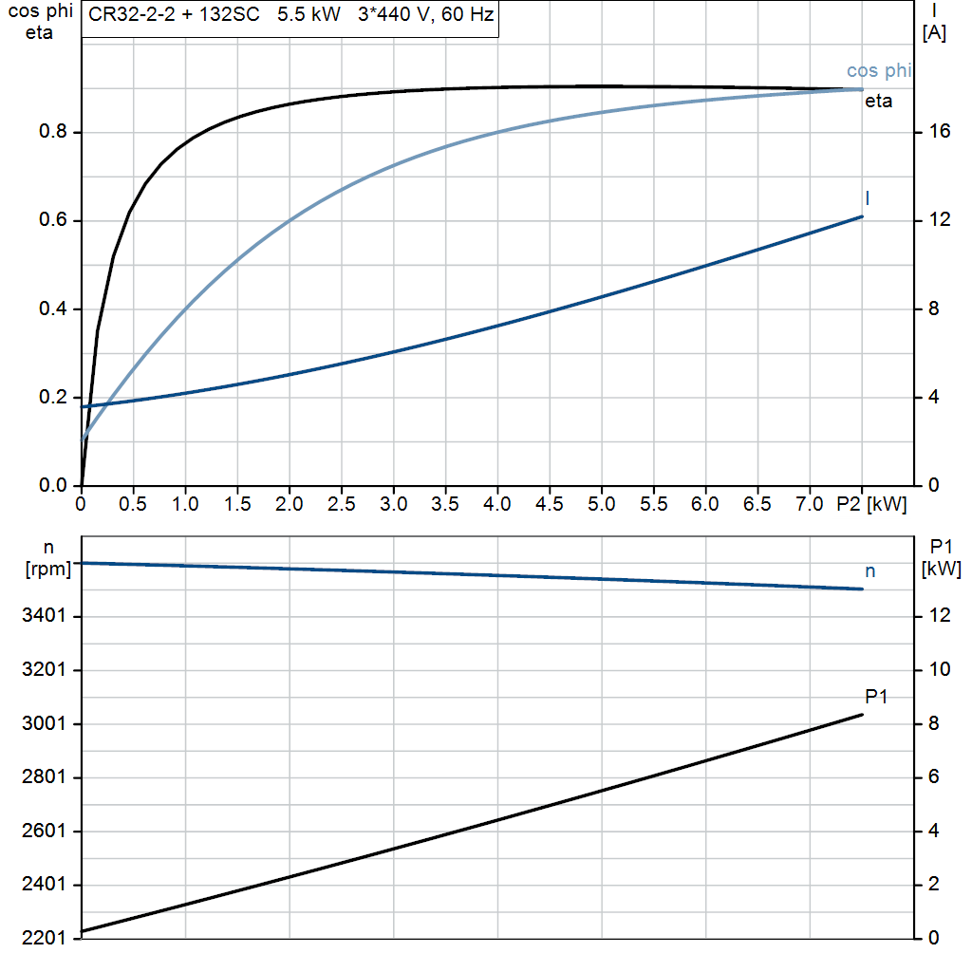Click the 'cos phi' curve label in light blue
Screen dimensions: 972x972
[879, 71]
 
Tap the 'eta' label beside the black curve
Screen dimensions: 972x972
[879, 102]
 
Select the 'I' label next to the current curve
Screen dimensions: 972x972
[868, 198]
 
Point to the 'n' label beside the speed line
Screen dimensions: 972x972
[870, 570]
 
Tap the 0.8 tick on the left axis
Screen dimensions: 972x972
[52, 132]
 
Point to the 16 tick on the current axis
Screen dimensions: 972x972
[941, 132]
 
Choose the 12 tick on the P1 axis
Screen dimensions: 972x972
[941, 616]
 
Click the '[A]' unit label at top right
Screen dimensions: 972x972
[934, 33]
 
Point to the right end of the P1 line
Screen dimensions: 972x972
[862, 715]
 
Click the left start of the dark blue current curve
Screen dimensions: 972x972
[84, 406]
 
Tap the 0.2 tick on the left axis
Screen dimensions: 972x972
[52, 398]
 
